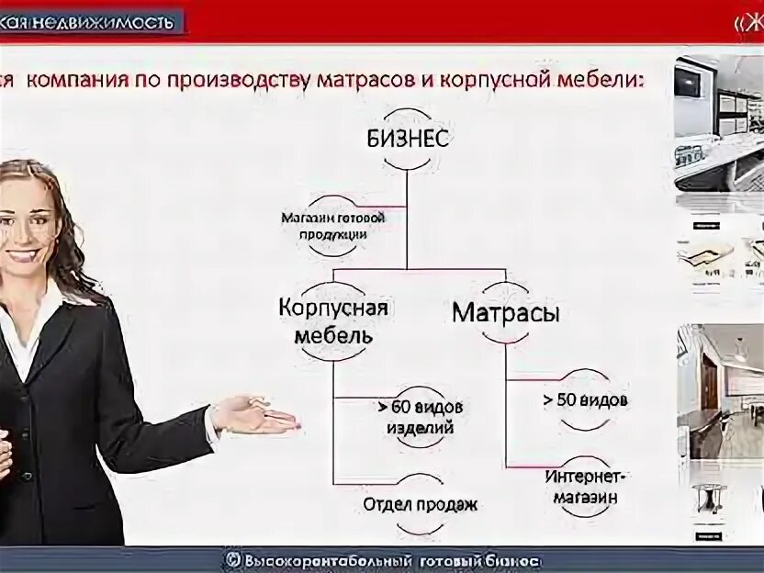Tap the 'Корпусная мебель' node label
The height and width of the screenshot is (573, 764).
pos(332,320)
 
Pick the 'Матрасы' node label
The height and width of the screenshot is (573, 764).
pos(506,312)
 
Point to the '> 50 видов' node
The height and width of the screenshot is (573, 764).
pos(585,400)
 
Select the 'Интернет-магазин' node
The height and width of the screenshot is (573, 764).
pos(585,487)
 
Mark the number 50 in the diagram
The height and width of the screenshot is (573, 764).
pos(566,400)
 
